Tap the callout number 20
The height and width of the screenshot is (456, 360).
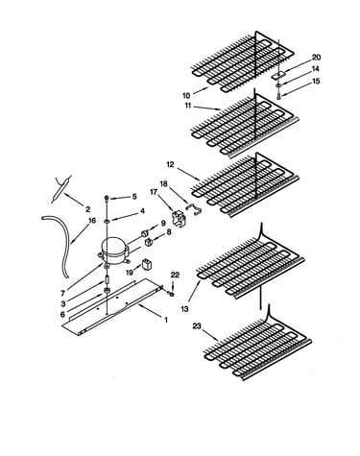(x=316, y=58)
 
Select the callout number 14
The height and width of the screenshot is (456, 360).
(x=316, y=69)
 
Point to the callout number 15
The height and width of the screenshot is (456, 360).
(x=316, y=81)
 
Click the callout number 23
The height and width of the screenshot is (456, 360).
(x=197, y=326)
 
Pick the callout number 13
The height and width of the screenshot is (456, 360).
(x=184, y=309)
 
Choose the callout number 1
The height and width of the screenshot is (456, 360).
(x=166, y=320)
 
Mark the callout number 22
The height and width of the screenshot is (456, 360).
(x=176, y=275)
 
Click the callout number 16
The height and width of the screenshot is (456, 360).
(x=92, y=220)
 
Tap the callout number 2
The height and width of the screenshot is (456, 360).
(x=87, y=209)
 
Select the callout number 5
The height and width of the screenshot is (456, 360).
(x=134, y=196)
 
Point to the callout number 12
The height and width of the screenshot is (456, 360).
(x=170, y=164)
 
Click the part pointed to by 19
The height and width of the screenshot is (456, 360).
(x=147, y=265)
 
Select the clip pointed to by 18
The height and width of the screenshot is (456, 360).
(x=194, y=208)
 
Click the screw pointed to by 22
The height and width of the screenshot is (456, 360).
(x=172, y=293)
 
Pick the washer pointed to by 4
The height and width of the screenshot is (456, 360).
(x=107, y=221)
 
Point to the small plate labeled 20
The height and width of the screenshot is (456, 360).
(x=278, y=76)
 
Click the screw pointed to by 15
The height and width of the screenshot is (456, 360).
(x=278, y=95)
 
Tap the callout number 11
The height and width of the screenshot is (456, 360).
(x=188, y=106)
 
